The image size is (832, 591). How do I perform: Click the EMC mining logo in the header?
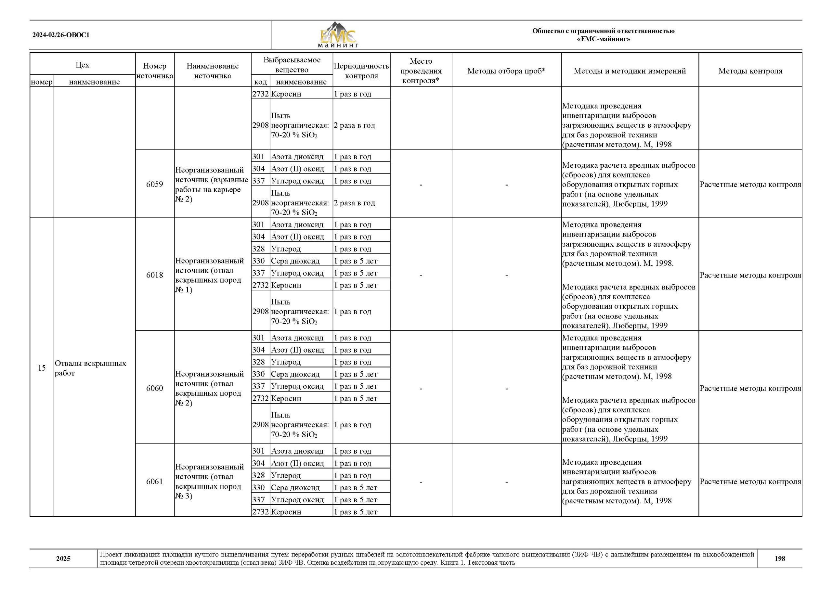[x=338, y=35]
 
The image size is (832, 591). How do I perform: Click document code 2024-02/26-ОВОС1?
[x=61, y=35]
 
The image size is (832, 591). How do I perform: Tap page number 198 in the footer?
[x=780, y=559]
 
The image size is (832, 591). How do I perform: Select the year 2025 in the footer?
[x=63, y=559]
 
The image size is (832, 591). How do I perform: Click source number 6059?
[x=155, y=184]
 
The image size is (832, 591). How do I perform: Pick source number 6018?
[x=155, y=275]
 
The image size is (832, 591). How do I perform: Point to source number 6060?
[x=155, y=388]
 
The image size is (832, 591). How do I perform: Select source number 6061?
[x=155, y=482]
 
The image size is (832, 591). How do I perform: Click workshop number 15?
[x=42, y=368]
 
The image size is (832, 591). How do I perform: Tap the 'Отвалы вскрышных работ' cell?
[x=91, y=368]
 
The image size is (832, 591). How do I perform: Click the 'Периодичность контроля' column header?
[x=361, y=71]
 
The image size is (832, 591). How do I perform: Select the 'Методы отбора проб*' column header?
[x=506, y=71]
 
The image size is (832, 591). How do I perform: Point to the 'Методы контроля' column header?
[x=750, y=71]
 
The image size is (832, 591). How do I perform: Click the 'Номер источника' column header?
[x=155, y=71]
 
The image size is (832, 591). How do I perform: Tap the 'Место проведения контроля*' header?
[x=421, y=71]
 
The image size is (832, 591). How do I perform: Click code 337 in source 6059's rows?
[x=259, y=181]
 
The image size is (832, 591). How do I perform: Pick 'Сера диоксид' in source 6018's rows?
[x=295, y=261]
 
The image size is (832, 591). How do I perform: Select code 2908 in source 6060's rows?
[x=260, y=425]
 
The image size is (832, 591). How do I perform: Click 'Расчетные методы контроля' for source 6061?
[x=750, y=482]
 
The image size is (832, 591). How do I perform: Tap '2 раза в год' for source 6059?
[x=355, y=203]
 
